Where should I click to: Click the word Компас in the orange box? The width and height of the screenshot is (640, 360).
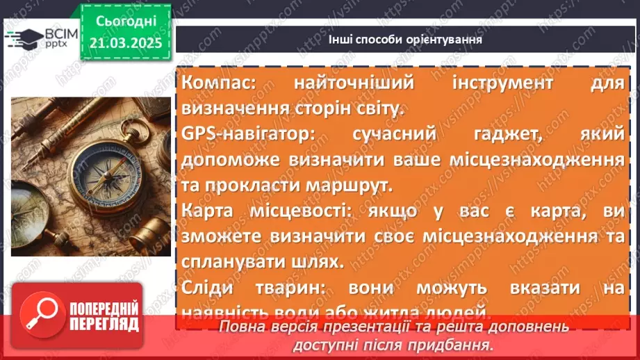click(x=217, y=83)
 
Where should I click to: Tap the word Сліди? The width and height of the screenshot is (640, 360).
click(x=206, y=288)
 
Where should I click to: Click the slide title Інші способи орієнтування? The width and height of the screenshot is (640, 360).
click(x=405, y=40)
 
